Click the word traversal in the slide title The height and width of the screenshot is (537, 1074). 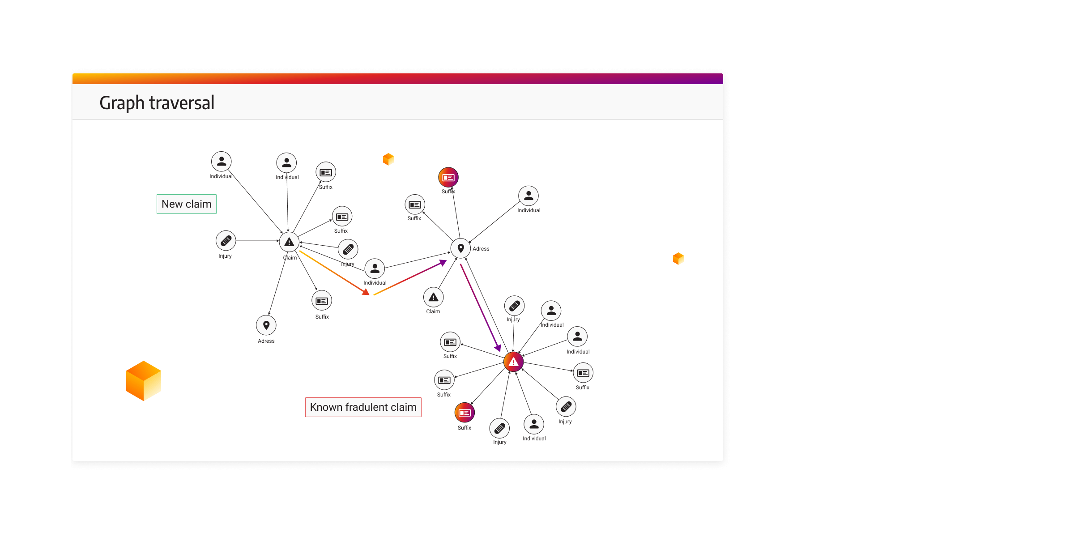point(182,103)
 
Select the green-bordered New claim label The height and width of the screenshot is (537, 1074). point(186,204)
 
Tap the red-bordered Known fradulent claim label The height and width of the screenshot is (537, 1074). point(363,407)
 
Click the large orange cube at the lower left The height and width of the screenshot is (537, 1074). point(143,381)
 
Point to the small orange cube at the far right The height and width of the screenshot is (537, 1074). point(678,259)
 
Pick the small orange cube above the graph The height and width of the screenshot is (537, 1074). point(388,159)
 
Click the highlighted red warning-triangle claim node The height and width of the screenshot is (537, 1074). point(513,362)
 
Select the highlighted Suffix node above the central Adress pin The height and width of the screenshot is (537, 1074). point(448,178)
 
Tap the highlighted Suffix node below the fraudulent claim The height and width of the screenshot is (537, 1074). point(465,413)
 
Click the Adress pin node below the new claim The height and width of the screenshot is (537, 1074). point(266,325)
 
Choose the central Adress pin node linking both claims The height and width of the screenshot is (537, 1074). point(460,248)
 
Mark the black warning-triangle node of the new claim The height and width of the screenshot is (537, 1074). point(289,242)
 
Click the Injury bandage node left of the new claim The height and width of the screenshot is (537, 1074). point(226,241)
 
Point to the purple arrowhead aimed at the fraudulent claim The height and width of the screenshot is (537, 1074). point(498,348)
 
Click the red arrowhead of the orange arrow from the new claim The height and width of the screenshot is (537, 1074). point(366,292)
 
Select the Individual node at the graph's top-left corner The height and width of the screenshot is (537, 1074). point(222,162)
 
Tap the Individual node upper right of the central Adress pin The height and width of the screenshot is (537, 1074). point(528,196)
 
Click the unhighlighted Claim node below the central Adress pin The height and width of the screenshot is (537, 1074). point(433,297)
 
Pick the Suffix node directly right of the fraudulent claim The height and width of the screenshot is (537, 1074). point(583,373)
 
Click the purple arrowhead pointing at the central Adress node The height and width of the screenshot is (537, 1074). point(443,263)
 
